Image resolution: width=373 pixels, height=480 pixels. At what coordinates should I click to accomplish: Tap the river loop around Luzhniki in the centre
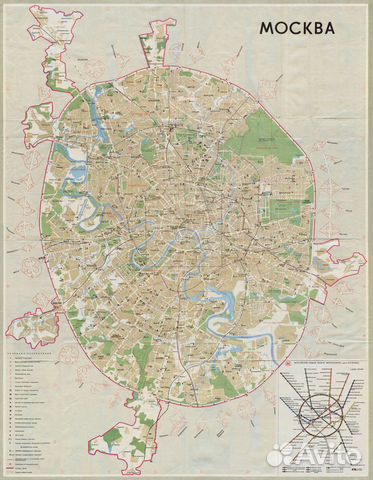[161, 241]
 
